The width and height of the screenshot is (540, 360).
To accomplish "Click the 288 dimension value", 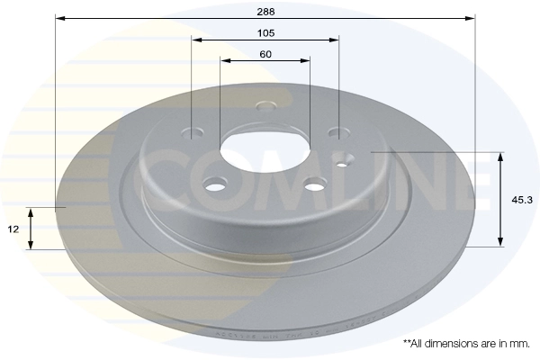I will coord(265,12).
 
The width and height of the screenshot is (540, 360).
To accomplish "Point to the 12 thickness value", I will coord(14,229).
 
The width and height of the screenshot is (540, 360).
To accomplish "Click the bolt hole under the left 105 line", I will coord(193,132).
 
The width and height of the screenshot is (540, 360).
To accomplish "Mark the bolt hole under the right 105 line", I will coord(336,133).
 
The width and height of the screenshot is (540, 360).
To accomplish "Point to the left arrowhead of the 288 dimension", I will coord(59,18).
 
